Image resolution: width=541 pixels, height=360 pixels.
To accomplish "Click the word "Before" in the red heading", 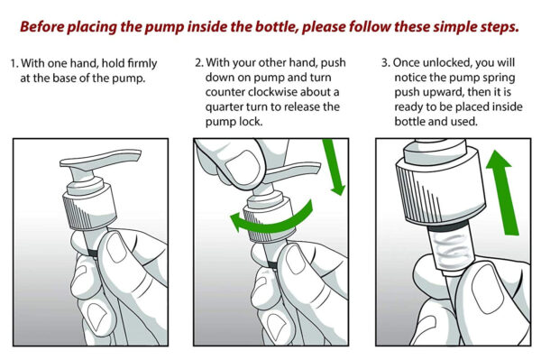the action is [41, 26].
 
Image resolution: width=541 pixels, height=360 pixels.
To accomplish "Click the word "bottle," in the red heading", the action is [277, 26].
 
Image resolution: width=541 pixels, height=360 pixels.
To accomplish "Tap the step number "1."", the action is [14, 63].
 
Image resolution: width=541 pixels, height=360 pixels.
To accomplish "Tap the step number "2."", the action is [199, 63].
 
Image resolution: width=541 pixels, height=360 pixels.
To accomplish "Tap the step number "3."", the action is [386, 63].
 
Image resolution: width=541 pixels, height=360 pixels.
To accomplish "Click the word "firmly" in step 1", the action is [142, 64].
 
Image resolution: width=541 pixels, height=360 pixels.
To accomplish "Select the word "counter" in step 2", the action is [225, 93].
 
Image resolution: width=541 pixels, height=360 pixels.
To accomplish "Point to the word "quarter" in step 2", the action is [224, 107].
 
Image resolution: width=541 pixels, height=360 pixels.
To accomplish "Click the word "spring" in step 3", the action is [500, 78].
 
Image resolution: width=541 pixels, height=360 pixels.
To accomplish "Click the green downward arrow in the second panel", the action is [334, 167].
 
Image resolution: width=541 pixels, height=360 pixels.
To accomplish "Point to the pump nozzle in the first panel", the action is [100, 158].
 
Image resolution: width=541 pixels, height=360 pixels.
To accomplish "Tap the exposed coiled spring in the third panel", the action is [453, 249].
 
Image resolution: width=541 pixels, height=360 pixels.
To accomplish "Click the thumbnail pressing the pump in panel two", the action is [243, 168].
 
